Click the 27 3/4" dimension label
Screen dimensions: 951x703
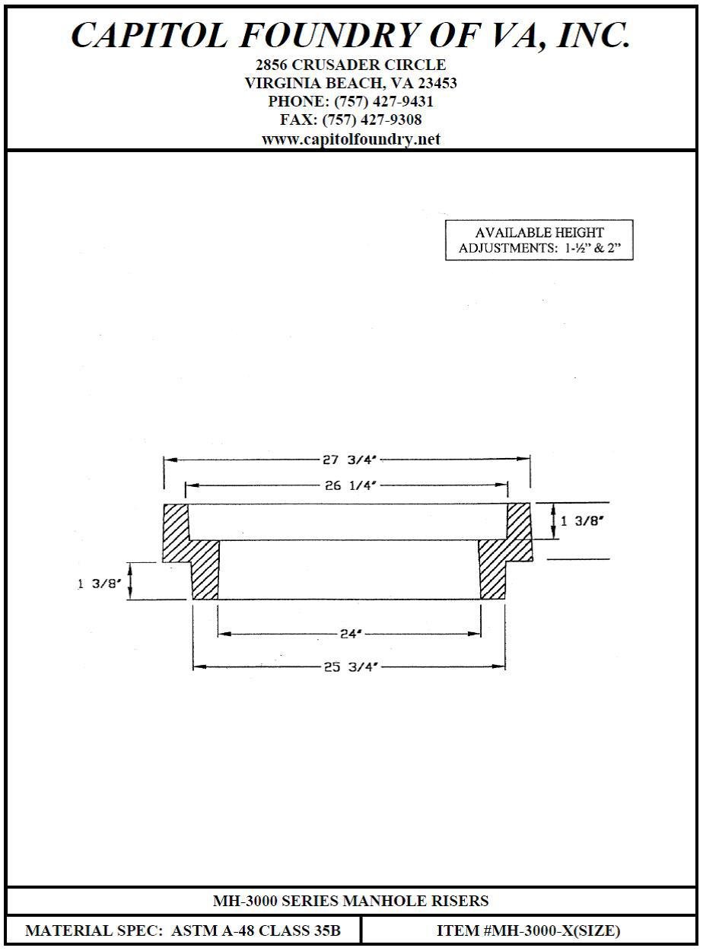tap(347, 460)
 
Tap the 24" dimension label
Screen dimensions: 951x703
tap(349, 633)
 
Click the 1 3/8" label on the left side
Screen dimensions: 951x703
tap(99, 584)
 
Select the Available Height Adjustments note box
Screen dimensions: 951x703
tap(539, 240)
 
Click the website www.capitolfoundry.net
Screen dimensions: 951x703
tap(351, 139)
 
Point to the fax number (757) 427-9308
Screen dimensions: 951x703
tap(372, 120)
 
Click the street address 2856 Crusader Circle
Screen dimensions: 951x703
tap(351, 65)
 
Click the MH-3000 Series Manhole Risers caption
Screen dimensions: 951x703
tap(351, 902)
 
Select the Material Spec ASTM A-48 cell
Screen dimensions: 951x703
tap(183, 930)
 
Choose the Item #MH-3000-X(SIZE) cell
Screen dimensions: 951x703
tap(528, 930)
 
